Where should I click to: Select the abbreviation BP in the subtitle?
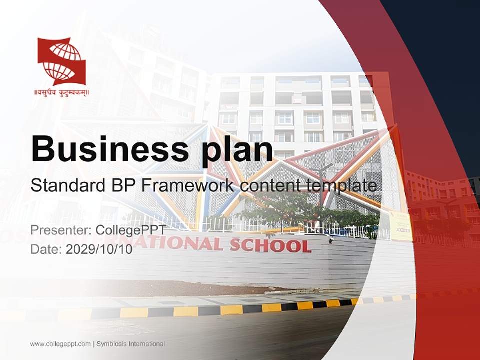click(x=124, y=186)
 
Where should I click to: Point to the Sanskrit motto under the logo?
click(x=61, y=92)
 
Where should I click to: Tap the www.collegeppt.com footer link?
click(x=60, y=344)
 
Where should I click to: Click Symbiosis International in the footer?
click(x=131, y=344)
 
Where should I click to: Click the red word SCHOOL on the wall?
click(x=270, y=245)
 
